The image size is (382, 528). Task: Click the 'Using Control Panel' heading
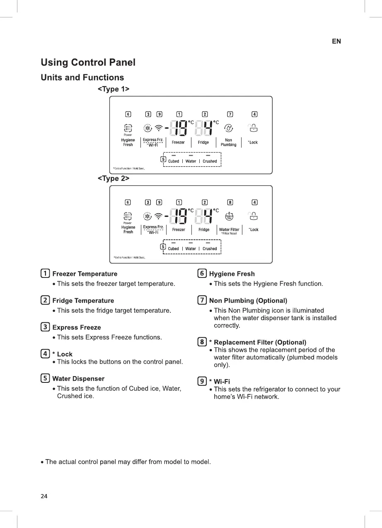coord(88,63)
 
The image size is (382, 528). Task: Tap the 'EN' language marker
coord(336,41)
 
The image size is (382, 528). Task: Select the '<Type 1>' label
coord(114,89)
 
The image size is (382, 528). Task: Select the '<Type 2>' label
coord(114,178)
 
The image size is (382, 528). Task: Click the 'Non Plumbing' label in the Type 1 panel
coord(228,143)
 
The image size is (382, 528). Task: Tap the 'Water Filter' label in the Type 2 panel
coord(229,229)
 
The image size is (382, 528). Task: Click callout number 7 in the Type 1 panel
coord(230,114)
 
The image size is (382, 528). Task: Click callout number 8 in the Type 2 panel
coord(230,202)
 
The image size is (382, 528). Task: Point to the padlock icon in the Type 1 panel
coord(253,128)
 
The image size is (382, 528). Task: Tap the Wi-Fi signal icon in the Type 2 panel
coord(158,215)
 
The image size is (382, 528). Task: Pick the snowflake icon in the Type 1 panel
coord(147,128)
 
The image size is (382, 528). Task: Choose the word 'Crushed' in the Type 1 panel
coord(210,161)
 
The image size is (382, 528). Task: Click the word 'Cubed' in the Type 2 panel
coord(174,249)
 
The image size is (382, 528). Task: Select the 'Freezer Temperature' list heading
coord(85,274)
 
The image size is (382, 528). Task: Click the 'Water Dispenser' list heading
coord(78,379)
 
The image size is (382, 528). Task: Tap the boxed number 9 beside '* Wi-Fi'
coord(202,381)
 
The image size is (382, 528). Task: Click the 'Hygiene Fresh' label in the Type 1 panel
coord(128,142)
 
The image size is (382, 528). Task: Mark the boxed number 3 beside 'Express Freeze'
coord(45,327)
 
